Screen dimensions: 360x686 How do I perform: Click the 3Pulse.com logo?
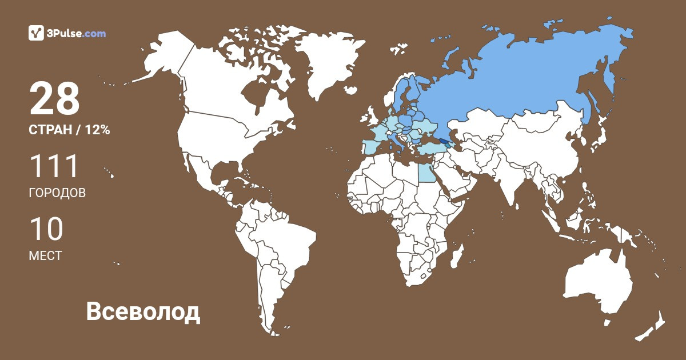pos(67,33)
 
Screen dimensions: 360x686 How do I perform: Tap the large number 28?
pos(54,99)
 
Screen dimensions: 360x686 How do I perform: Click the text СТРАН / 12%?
pos(69,130)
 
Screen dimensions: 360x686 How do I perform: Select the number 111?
pos(53,166)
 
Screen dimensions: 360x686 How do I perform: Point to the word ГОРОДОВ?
pos(57,193)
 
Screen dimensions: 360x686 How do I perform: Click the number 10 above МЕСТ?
pos(46,229)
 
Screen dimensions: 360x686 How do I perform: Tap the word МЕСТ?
pos(45,256)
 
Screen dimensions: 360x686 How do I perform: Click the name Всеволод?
pos(143,312)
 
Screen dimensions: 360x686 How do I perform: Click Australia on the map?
pos(597,283)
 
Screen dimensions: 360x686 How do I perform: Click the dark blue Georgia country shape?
pos(444,147)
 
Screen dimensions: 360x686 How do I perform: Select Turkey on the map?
pos(432,150)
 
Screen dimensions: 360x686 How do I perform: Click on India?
pos(506,183)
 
